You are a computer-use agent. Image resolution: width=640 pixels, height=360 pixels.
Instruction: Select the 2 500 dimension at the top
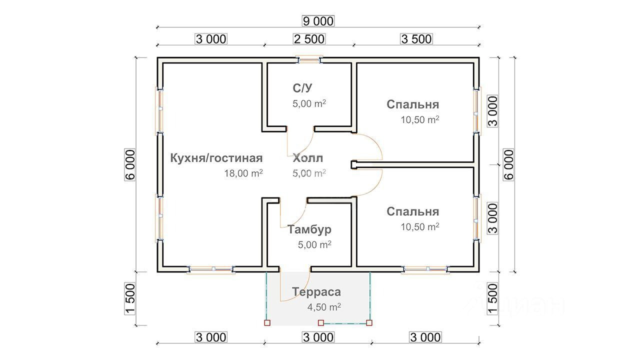(x=308, y=39)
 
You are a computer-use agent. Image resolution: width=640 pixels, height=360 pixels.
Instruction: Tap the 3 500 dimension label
(x=416, y=39)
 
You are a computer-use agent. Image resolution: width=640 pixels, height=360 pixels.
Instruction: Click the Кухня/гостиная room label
(x=216, y=158)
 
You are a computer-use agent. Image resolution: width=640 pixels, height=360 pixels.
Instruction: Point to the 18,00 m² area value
(x=244, y=173)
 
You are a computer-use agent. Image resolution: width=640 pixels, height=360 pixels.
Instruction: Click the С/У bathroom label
(x=302, y=88)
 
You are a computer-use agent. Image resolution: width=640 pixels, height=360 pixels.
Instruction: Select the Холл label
(x=308, y=158)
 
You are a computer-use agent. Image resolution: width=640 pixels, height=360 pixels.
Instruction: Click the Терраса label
(x=316, y=291)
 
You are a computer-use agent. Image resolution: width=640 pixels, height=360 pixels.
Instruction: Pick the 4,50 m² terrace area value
(x=324, y=307)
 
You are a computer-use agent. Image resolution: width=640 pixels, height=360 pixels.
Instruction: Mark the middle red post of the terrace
(x=321, y=323)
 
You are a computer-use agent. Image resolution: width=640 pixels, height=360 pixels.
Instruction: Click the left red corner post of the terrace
(x=266, y=323)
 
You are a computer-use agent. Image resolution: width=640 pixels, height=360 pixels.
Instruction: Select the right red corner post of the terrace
(x=369, y=323)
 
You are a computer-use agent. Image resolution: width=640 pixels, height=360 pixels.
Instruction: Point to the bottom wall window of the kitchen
(x=211, y=270)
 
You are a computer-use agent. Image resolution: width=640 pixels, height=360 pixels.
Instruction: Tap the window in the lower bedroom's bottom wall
(x=424, y=270)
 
